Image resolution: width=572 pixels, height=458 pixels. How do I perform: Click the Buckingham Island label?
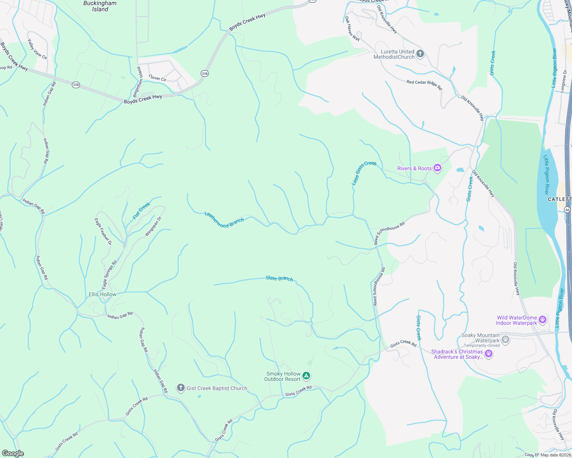pos(100,6)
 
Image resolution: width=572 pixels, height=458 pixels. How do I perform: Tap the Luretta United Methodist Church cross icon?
pos(420,54)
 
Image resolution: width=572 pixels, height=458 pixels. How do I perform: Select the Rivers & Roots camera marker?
pos(437,168)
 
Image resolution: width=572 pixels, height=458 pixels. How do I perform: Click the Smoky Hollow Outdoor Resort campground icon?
pos(306,376)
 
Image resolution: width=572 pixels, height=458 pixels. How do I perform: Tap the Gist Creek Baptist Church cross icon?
pos(180,388)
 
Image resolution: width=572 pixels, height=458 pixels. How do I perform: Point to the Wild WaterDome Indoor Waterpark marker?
pos(542,319)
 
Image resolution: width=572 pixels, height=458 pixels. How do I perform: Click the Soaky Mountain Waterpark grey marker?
pos(505,339)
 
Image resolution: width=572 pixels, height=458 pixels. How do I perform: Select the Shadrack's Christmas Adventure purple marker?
pos(489,354)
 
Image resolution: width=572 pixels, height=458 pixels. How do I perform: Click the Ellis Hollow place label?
pos(102,294)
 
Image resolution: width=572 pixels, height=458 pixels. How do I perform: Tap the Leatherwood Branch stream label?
pos(224,220)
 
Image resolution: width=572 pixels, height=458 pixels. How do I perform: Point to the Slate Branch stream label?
pos(279,279)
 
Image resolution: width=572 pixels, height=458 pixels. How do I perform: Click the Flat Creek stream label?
pos(141,211)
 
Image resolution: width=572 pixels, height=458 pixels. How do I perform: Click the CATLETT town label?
pos(559,199)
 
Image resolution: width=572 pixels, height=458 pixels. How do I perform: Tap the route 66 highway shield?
pos(567,210)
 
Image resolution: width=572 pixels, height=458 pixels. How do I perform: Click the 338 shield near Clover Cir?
pos(205,73)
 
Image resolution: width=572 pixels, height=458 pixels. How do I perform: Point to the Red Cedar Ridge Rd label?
pos(424,84)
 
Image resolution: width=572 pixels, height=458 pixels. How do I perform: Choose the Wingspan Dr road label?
pos(153,226)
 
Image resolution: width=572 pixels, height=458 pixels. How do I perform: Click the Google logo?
pos(13,453)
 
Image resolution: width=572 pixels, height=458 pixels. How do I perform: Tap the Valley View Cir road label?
pos(37,49)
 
